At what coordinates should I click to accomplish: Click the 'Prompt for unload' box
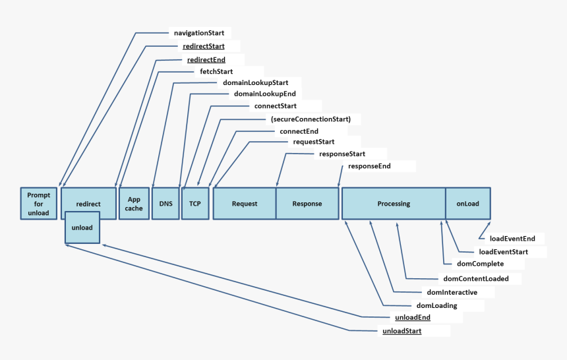pyautogui.click(x=38, y=204)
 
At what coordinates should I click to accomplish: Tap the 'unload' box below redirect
pyautogui.click(x=82, y=227)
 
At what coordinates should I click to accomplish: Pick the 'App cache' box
pyautogui.click(x=134, y=204)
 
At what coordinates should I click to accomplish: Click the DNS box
pyautogui.click(x=165, y=204)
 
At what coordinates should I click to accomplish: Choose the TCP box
pyautogui.click(x=195, y=204)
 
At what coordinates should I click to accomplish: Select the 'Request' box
pyautogui.click(x=244, y=204)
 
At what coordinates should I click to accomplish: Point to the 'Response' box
pyautogui.click(x=307, y=204)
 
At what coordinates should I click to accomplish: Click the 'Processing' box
pyautogui.click(x=394, y=204)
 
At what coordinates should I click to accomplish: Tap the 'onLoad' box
pyautogui.click(x=468, y=204)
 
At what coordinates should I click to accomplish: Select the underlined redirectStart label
pyautogui.click(x=204, y=46)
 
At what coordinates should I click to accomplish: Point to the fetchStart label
pyautogui.click(x=216, y=71)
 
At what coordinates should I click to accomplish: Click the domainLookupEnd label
pyautogui.click(x=264, y=94)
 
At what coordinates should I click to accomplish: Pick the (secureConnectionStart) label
pyautogui.click(x=315, y=119)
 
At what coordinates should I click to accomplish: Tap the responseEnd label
pyautogui.click(x=369, y=166)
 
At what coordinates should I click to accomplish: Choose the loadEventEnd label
pyautogui.click(x=512, y=239)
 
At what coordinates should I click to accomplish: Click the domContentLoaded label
pyautogui.click(x=476, y=279)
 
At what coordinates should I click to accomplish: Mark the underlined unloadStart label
pyautogui.click(x=402, y=331)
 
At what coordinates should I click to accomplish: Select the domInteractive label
pyautogui.click(x=452, y=292)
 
